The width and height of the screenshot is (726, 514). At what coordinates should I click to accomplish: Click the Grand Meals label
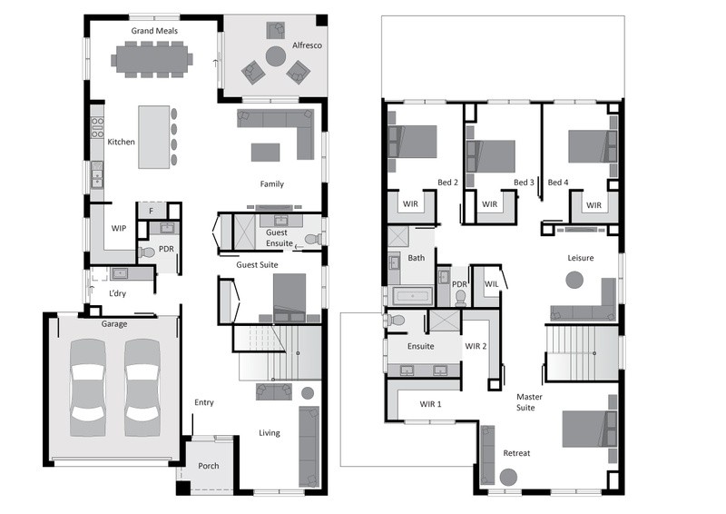point(154,31)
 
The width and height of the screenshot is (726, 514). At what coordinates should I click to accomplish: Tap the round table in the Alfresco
point(276,56)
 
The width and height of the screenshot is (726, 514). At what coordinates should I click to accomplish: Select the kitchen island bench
point(153,137)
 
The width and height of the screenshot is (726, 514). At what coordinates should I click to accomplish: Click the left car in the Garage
point(87,388)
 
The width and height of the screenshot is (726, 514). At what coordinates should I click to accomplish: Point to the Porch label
point(209,466)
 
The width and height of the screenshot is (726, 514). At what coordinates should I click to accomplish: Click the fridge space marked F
point(151,211)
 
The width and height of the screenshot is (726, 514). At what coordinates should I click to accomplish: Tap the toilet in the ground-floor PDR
point(146,252)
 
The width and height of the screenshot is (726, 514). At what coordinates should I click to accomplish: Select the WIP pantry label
point(119,228)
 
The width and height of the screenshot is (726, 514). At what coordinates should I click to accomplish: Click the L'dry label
point(117,293)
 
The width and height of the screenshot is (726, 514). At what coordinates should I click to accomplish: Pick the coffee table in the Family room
point(265,153)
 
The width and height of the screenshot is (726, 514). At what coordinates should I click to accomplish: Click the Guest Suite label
point(257,264)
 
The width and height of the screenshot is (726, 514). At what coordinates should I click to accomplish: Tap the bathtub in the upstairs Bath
point(413,296)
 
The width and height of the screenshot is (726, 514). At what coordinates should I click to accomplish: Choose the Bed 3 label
point(524,183)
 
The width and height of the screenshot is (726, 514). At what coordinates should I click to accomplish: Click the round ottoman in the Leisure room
point(574,280)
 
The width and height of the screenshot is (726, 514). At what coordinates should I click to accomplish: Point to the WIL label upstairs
point(491,283)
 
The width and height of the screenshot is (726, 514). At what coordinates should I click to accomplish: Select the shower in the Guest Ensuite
point(244,232)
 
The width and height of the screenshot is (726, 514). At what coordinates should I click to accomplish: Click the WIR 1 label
point(430,404)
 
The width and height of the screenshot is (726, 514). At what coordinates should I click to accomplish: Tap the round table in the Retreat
point(508,477)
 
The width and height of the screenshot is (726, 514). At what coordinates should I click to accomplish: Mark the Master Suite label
point(529,402)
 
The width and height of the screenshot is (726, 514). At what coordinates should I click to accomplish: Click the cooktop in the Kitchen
point(97,127)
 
